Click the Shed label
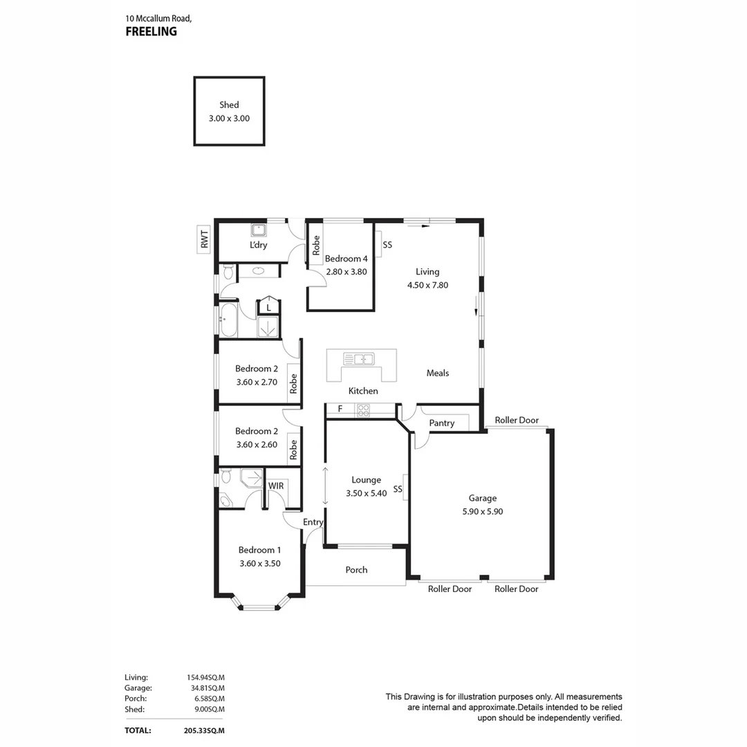(229, 105)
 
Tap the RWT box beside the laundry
(204, 239)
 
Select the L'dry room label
(259, 245)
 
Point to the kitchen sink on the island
(359, 359)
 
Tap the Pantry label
(441, 423)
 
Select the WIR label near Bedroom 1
(276, 486)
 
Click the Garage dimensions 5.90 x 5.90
(482, 512)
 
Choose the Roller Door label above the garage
(516, 420)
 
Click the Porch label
(356, 570)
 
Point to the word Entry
(313, 522)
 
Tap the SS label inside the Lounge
(398, 490)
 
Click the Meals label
(437, 373)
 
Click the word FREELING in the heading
(151, 31)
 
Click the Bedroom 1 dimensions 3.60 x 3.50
(259, 564)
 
